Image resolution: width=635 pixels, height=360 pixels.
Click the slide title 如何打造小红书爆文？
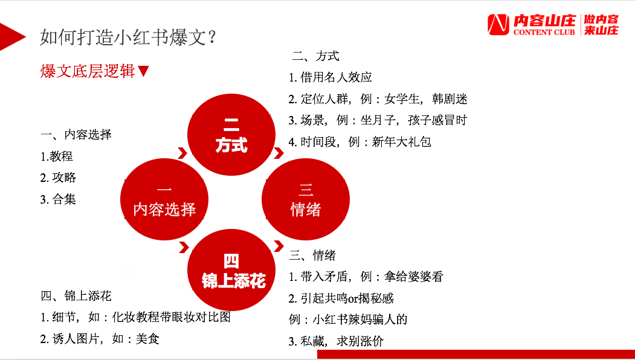pyautogui.click(x=128, y=37)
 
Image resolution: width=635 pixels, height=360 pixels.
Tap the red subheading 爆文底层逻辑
pyautogui.click(x=88, y=71)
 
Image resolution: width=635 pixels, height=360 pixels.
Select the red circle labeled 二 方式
pyautogui.click(x=231, y=136)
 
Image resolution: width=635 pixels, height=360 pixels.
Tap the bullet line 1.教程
pyautogui.click(x=57, y=156)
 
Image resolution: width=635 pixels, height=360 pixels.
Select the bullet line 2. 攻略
pyautogui.click(x=59, y=178)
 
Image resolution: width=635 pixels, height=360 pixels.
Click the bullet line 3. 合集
pyautogui.click(x=59, y=199)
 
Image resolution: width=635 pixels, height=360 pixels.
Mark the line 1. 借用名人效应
pyautogui.click(x=330, y=77)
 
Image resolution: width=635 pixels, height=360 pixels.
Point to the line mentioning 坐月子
pyautogui.click(x=378, y=121)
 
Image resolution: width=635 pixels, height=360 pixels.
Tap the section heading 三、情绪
pyautogui.click(x=312, y=255)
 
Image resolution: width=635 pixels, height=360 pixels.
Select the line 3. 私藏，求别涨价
pyautogui.click(x=336, y=341)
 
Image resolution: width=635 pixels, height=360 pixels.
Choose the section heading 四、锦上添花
pyautogui.click(x=76, y=296)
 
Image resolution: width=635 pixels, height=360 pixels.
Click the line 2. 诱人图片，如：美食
pyautogui.click(x=100, y=339)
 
